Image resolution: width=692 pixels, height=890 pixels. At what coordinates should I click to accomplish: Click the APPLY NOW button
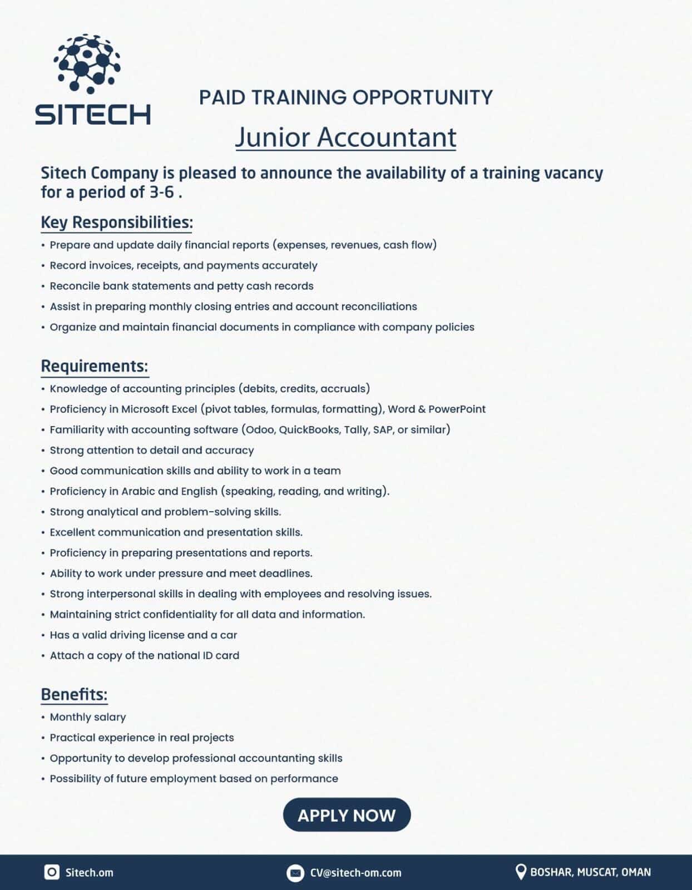coord(347,815)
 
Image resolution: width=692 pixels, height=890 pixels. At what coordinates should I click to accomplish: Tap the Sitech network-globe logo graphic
coord(87,62)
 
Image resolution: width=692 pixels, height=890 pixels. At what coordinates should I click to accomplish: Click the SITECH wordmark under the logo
coord(93,114)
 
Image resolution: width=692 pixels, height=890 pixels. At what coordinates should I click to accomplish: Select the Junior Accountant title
coord(345,137)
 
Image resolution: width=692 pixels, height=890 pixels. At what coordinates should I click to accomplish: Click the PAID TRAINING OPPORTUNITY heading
coord(345,97)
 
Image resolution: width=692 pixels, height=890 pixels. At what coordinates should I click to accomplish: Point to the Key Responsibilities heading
coord(117,222)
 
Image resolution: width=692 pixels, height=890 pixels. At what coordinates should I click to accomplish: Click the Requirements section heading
coord(95,366)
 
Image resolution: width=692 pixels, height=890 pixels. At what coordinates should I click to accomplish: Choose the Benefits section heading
coord(74,694)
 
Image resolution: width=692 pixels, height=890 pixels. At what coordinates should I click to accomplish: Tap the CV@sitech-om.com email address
coord(355,872)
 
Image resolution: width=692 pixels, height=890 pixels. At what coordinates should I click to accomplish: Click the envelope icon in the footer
coord(295,872)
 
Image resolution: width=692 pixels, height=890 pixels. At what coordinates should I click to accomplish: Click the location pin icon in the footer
coord(521,872)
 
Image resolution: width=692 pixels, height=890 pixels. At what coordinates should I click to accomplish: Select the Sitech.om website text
coord(89,872)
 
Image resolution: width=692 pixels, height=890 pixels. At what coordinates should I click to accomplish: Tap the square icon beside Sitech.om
coord(52,872)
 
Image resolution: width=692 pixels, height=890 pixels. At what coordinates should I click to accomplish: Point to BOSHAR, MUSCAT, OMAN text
coord(590,872)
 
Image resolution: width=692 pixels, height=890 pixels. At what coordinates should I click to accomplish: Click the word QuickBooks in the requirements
coord(309,429)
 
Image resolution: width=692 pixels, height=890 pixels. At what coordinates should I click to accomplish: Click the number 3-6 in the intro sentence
coord(161,192)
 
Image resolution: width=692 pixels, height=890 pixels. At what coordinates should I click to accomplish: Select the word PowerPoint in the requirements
coord(457,409)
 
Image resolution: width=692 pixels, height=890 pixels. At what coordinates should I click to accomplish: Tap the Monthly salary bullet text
coord(88,717)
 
